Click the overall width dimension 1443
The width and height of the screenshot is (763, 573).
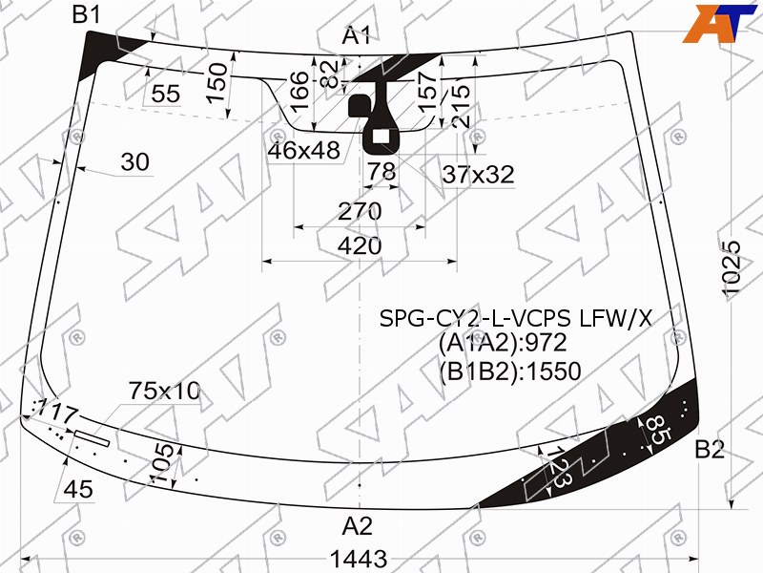359,559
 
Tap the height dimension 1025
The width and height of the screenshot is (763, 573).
732,268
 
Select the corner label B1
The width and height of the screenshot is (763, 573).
87,14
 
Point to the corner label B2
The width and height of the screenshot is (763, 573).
710,449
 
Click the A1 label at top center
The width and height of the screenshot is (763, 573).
357,36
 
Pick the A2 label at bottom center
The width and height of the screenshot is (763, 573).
358,527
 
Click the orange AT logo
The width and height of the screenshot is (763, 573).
720,23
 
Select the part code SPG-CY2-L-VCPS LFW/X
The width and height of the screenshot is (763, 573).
515,319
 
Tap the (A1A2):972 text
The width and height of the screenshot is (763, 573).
503,343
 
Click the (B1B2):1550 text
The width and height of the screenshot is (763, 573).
510,371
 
